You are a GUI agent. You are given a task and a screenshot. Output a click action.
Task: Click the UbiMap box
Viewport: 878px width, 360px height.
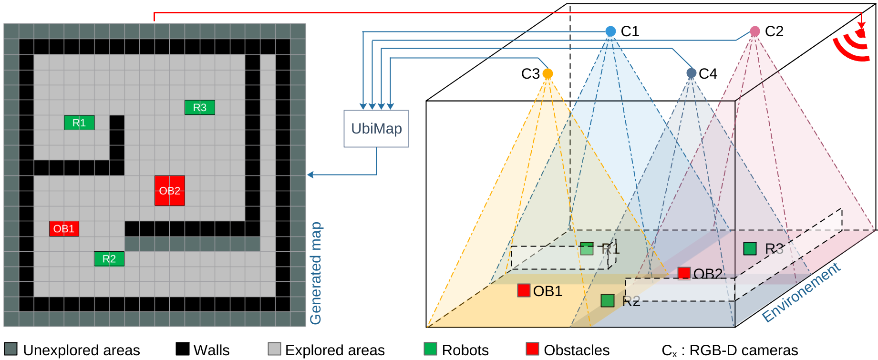[x=376, y=129]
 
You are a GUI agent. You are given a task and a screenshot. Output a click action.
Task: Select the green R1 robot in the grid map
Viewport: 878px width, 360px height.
[x=79, y=123]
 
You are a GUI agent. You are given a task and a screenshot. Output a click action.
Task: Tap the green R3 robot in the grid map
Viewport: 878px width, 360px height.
[x=199, y=107]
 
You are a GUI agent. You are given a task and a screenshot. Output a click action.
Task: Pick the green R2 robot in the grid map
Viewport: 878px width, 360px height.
[x=109, y=258]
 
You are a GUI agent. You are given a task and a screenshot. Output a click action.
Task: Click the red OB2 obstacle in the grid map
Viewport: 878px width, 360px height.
[x=170, y=191]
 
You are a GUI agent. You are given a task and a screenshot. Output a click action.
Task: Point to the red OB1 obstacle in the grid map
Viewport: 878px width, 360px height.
[x=64, y=228]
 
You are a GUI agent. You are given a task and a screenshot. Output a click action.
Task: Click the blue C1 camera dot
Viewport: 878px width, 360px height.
[x=610, y=31]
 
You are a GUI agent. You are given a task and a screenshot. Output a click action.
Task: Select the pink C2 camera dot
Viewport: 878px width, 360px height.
[x=754, y=31]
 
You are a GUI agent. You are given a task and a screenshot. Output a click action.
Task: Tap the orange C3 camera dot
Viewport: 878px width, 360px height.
[x=547, y=73]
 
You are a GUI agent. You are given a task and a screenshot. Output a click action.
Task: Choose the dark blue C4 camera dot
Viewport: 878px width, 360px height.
[x=691, y=73]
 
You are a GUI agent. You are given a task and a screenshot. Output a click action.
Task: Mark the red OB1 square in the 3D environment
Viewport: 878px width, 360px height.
[x=524, y=290]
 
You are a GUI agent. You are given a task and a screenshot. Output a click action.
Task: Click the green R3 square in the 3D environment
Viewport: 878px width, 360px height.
[x=750, y=248]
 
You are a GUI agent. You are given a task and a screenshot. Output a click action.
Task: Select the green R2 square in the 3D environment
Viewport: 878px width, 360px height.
[x=607, y=300]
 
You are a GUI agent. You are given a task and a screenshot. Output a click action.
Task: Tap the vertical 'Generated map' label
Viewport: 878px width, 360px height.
[x=316, y=273]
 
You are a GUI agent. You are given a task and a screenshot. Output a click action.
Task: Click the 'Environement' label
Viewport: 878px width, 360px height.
[x=801, y=292]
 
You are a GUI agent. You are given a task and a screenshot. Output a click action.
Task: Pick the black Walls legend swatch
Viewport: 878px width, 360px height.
[x=183, y=349]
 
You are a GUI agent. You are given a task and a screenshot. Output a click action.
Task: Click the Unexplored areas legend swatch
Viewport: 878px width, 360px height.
[x=10, y=349]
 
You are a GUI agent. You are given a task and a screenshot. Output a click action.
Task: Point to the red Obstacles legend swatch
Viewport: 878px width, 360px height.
[x=532, y=349]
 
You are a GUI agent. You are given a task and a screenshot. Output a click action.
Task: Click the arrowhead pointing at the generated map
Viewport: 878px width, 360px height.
[x=310, y=175]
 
